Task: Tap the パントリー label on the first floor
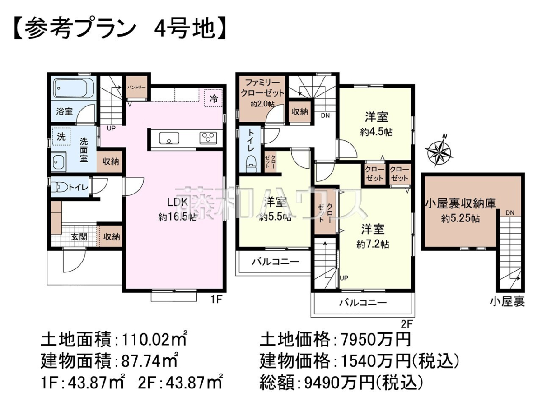136,87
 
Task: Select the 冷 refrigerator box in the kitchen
214,98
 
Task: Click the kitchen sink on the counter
169,138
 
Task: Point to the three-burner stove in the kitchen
208,138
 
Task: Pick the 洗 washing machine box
61,136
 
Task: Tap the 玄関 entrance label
79,237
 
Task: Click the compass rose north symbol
439,150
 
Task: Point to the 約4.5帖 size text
376,132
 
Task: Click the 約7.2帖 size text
373,244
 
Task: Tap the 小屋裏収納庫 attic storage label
461,204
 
